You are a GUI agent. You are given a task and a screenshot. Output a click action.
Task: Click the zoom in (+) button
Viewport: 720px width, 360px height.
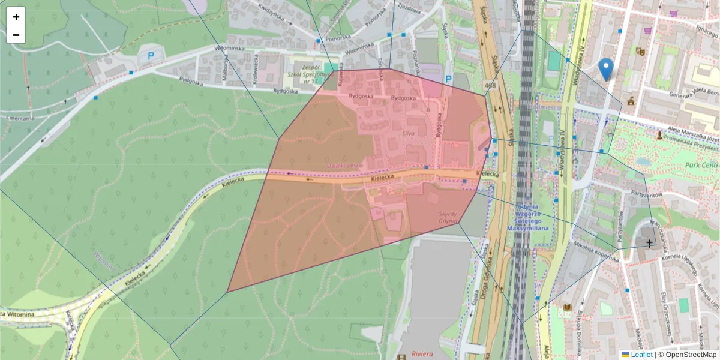point(16,17)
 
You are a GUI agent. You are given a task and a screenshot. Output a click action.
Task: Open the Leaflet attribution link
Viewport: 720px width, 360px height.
point(641,355)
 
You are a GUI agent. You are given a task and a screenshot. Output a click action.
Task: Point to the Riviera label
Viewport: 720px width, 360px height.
point(422,354)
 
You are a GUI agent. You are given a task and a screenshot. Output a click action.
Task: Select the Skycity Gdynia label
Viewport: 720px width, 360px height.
point(448,218)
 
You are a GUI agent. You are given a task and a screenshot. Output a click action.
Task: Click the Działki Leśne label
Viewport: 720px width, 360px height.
point(344,166)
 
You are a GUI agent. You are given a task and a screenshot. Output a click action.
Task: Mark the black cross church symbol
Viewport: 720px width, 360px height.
point(649,243)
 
